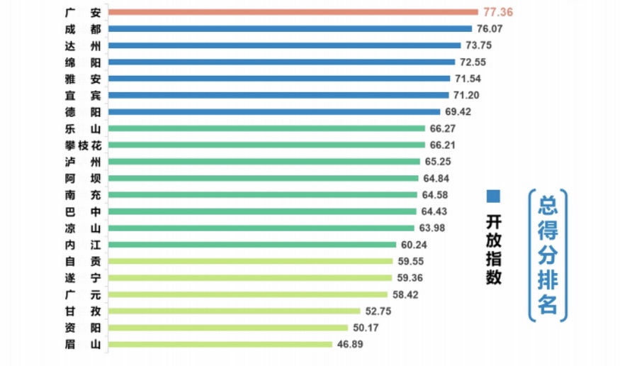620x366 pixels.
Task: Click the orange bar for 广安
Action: coord(293,12)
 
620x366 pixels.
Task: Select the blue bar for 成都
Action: coord(291,29)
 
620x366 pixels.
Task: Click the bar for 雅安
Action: coord(280,79)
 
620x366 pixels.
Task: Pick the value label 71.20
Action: coord(468,95)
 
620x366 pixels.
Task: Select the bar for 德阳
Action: coord(275,111)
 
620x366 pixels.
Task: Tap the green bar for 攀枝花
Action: coord(267,145)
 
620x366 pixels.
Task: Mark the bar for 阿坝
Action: coord(264,178)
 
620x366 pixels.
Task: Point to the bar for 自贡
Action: coord(251,261)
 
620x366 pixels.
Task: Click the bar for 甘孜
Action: coord(235,311)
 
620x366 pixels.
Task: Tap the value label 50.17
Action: coord(366,328)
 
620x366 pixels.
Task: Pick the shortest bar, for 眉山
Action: coord(220,344)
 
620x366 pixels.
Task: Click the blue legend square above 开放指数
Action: coord(494,196)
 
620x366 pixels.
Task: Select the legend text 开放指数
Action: coord(494,249)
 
